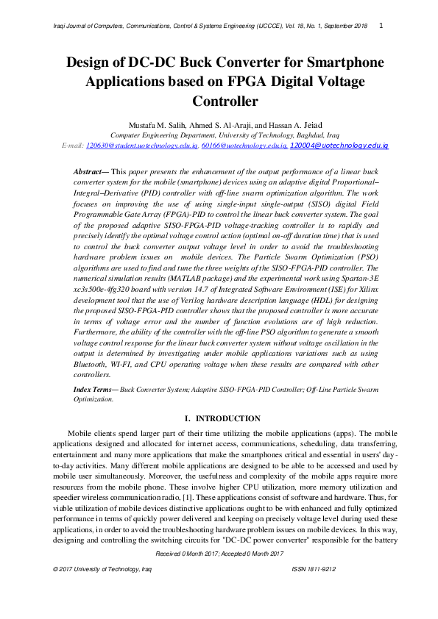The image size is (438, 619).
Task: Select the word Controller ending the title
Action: pos(225,101)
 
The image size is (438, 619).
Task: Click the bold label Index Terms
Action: pos(95,387)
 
